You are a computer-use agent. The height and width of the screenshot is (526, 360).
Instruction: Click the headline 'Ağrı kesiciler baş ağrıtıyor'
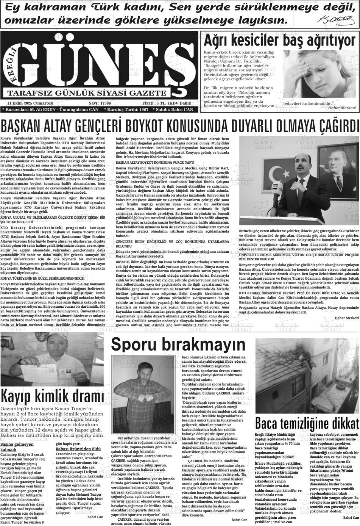pos(280,41)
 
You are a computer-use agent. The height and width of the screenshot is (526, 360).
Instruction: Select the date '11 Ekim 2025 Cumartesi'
pos(30,103)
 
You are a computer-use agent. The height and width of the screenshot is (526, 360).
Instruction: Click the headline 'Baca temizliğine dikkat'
pos(307,423)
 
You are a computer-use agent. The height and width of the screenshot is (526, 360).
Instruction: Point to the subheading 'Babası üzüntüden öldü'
pos(78,449)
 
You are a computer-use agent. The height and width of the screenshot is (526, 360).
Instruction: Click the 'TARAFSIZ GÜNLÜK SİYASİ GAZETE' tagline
pos(87,93)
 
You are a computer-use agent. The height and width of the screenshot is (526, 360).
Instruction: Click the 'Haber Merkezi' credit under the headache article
pos(342,108)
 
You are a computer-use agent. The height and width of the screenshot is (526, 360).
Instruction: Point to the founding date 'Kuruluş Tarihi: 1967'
pos(126,109)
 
